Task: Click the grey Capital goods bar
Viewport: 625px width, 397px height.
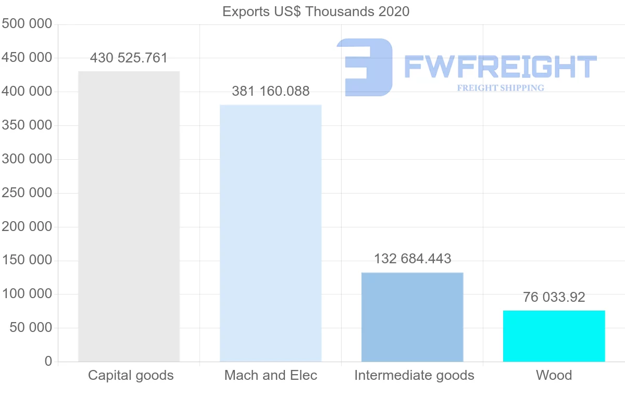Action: pos(129,216)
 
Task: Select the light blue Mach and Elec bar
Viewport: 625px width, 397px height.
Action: pos(271,233)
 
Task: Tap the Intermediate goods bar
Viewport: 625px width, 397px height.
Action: pos(413,317)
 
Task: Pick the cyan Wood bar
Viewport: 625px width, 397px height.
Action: pos(554,336)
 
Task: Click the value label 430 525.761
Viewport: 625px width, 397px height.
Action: pos(129,58)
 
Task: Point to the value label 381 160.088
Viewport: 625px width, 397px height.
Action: pos(271,91)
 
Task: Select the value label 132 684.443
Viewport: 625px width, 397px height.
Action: pos(413,259)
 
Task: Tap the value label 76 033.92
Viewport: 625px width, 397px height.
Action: pos(554,297)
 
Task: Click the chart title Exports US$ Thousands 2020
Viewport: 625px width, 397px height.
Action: pos(316,12)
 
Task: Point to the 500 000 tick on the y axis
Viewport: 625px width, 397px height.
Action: pos(27,24)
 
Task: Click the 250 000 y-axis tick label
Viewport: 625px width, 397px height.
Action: pos(27,193)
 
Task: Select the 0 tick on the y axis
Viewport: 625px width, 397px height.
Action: pos(48,361)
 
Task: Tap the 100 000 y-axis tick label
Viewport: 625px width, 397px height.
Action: pos(27,294)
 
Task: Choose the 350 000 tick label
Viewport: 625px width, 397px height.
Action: pos(27,125)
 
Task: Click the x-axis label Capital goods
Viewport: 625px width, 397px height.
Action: pos(131,376)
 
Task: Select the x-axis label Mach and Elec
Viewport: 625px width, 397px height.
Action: pos(271,375)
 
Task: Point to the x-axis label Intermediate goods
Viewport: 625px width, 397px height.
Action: pos(415,376)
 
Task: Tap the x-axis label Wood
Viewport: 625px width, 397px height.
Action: pos(554,375)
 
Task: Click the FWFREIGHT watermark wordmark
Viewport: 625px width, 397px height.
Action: pos(501,67)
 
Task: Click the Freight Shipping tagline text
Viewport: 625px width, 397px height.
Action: pos(501,88)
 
